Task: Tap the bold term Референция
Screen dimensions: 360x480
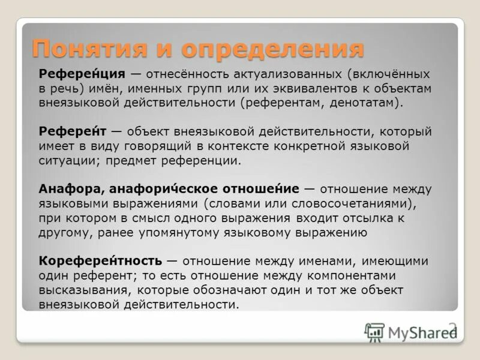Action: pyautogui.click(x=82, y=74)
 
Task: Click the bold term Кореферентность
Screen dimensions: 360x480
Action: pyautogui.click(x=100, y=261)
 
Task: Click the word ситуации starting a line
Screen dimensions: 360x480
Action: pyautogui.click(x=62, y=160)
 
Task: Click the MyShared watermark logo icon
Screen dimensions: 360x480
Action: pyautogui.click(x=374, y=331)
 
